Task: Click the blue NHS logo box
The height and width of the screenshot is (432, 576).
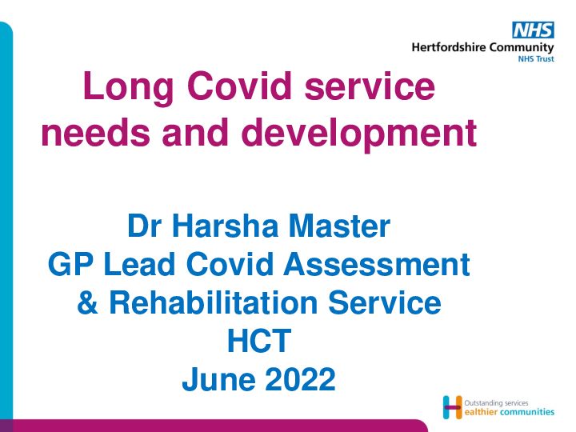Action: (x=533, y=30)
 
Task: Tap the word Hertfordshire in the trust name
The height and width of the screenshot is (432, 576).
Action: (x=449, y=47)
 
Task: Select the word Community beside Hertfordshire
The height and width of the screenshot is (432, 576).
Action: (x=522, y=48)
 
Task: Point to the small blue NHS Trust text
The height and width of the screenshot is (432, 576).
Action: (x=535, y=58)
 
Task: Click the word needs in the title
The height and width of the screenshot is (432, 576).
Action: (x=95, y=132)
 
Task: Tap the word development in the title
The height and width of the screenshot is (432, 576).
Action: (x=358, y=134)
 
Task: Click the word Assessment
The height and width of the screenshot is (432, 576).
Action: (x=377, y=264)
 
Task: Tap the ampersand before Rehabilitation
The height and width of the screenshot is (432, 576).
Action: (x=87, y=302)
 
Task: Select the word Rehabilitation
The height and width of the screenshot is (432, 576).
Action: (x=213, y=302)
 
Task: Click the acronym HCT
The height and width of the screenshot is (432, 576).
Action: (x=259, y=341)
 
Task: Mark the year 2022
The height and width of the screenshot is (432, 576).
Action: (x=300, y=378)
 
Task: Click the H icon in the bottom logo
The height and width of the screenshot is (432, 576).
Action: (x=452, y=407)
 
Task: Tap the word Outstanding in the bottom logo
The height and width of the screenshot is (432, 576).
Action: (x=484, y=403)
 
